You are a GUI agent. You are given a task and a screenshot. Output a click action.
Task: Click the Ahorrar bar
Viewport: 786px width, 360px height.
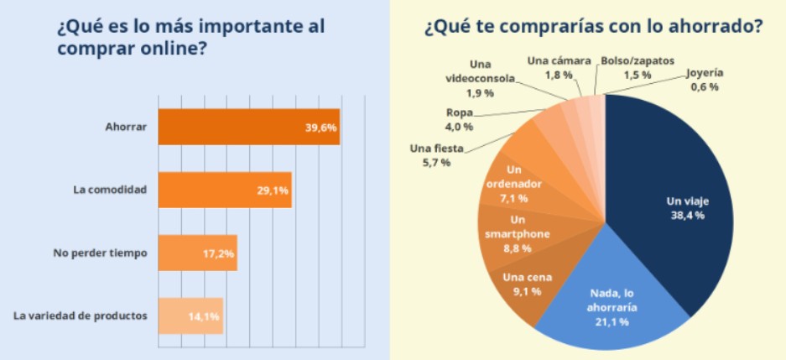click(x=248, y=128)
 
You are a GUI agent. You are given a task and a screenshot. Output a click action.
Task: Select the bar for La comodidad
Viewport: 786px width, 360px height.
click(x=224, y=190)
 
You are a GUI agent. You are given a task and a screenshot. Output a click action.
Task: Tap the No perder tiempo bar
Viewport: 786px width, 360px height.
click(x=197, y=253)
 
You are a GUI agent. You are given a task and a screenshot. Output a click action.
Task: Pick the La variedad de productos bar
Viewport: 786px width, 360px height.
click(x=190, y=316)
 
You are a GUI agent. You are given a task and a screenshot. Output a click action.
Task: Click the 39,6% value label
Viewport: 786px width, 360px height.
click(x=320, y=128)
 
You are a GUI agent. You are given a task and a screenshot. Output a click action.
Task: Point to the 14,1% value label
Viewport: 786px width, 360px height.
click(x=204, y=316)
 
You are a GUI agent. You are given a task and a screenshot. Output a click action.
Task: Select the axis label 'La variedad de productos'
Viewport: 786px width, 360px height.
click(x=81, y=316)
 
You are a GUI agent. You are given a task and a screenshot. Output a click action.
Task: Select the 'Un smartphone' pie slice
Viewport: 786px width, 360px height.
click(x=517, y=234)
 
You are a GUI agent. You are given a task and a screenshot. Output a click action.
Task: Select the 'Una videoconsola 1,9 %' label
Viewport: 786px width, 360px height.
click(x=481, y=79)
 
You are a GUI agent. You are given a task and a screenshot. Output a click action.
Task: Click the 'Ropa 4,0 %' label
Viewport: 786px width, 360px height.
click(x=460, y=119)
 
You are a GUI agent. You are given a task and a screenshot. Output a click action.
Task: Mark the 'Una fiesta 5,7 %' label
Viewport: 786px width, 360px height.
click(x=435, y=155)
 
